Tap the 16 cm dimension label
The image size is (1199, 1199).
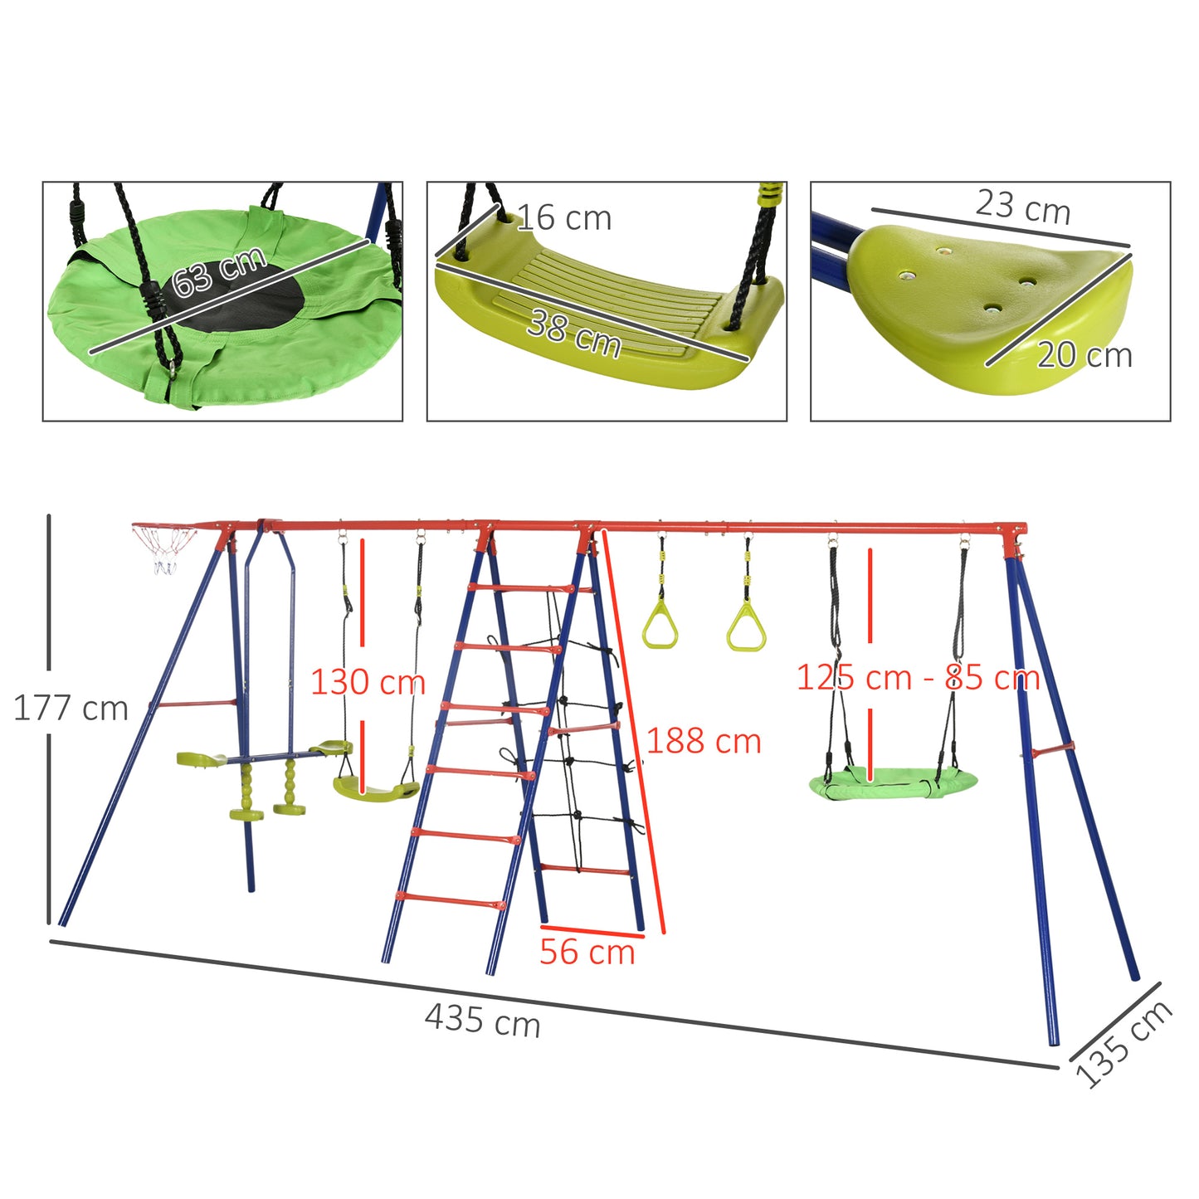(x=564, y=217)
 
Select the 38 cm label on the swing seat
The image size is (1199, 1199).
(x=574, y=333)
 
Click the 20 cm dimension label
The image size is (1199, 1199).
(x=1084, y=355)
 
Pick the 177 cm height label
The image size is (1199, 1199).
(x=71, y=709)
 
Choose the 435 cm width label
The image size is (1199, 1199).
(x=482, y=1019)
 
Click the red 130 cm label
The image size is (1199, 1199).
(x=368, y=682)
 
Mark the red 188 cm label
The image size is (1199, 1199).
(x=704, y=741)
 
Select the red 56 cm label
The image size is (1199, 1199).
(x=587, y=952)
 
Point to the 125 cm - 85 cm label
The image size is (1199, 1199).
(x=918, y=678)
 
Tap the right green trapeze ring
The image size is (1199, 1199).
(x=746, y=628)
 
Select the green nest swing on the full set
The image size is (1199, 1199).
(x=893, y=782)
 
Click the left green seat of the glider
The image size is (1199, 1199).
(x=201, y=758)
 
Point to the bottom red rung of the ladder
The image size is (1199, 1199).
(x=451, y=900)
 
